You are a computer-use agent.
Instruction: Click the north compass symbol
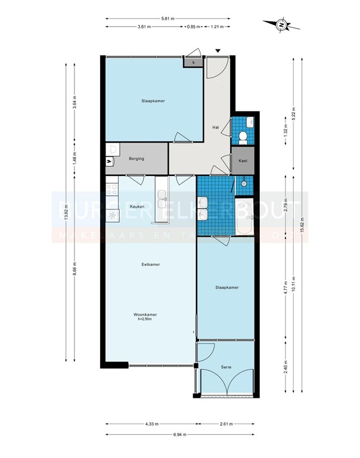click(280, 25)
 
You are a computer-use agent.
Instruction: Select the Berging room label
click(136, 159)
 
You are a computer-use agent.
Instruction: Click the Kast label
click(243, 161)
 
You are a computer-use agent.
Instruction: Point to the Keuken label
click(137, 206)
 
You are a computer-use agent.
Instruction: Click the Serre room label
click(226, 368)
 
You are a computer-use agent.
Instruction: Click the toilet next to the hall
click(243, 138)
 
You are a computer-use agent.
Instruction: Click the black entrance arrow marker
click(218, 52)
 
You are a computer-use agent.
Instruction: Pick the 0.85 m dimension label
click(193, 27)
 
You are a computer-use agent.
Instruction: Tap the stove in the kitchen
click(111, 190)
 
